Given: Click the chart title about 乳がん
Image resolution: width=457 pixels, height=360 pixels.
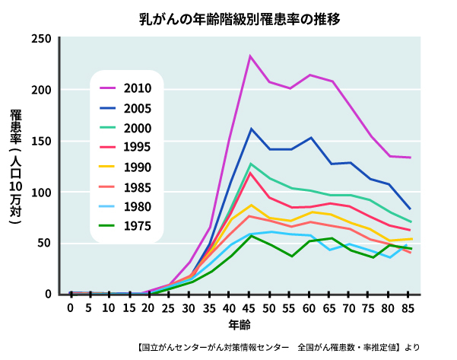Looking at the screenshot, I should coord(228,17).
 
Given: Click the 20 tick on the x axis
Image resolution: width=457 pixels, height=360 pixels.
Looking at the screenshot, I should coord(149,308).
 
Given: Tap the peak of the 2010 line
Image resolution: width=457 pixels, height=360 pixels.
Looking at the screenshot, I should coord(250,56).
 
